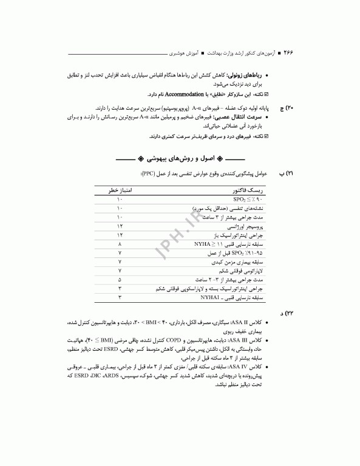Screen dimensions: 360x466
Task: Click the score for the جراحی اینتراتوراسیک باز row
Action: tap(120, 234)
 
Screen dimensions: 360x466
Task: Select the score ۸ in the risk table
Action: tap(120, 243)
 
